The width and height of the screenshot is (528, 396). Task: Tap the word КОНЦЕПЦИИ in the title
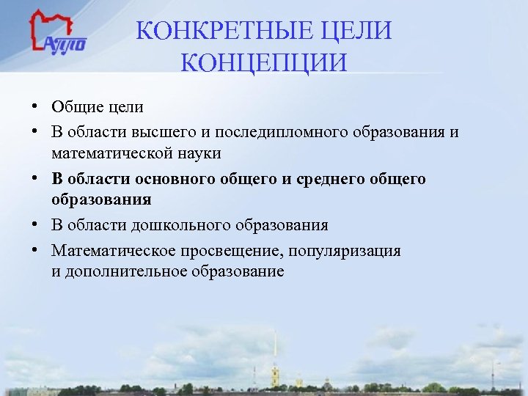click(x=263, y=62)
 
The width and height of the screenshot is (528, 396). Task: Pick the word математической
click(x=112, y=153)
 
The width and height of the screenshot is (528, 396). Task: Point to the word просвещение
click(x=230, y=250)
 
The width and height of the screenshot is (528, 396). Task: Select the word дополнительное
click(x=128, y=271)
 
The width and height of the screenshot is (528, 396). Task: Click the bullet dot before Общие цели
click(x=35, y=106)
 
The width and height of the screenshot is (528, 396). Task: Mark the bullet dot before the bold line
click(x=35, y=179)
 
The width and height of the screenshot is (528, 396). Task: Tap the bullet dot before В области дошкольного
click(x=35, y=224)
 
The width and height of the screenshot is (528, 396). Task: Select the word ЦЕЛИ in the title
click(x=355, y=32)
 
